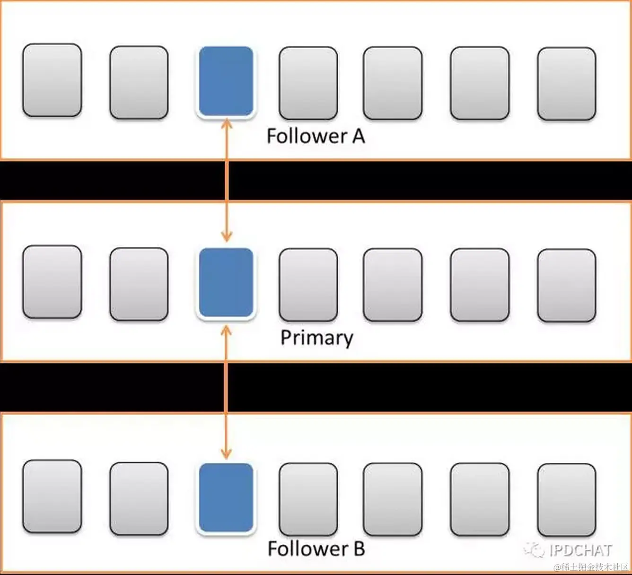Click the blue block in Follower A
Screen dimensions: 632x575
226,81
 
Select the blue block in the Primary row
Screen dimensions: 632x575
226,283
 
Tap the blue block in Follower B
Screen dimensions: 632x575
226,498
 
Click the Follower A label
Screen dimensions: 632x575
316,136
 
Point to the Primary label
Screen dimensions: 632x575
316,338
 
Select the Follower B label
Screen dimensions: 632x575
316,549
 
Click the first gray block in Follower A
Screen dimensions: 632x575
52,80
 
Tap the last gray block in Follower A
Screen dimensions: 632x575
566,83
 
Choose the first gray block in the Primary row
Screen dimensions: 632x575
52,282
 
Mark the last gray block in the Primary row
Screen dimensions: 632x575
566,285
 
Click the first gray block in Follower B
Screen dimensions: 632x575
52,497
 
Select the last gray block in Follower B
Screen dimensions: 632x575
566,500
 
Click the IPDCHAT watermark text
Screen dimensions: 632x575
581,550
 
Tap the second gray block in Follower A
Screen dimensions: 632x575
139,82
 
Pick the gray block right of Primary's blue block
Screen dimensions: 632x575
308,285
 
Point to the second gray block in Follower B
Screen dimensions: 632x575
139,498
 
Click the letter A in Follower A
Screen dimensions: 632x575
358,136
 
